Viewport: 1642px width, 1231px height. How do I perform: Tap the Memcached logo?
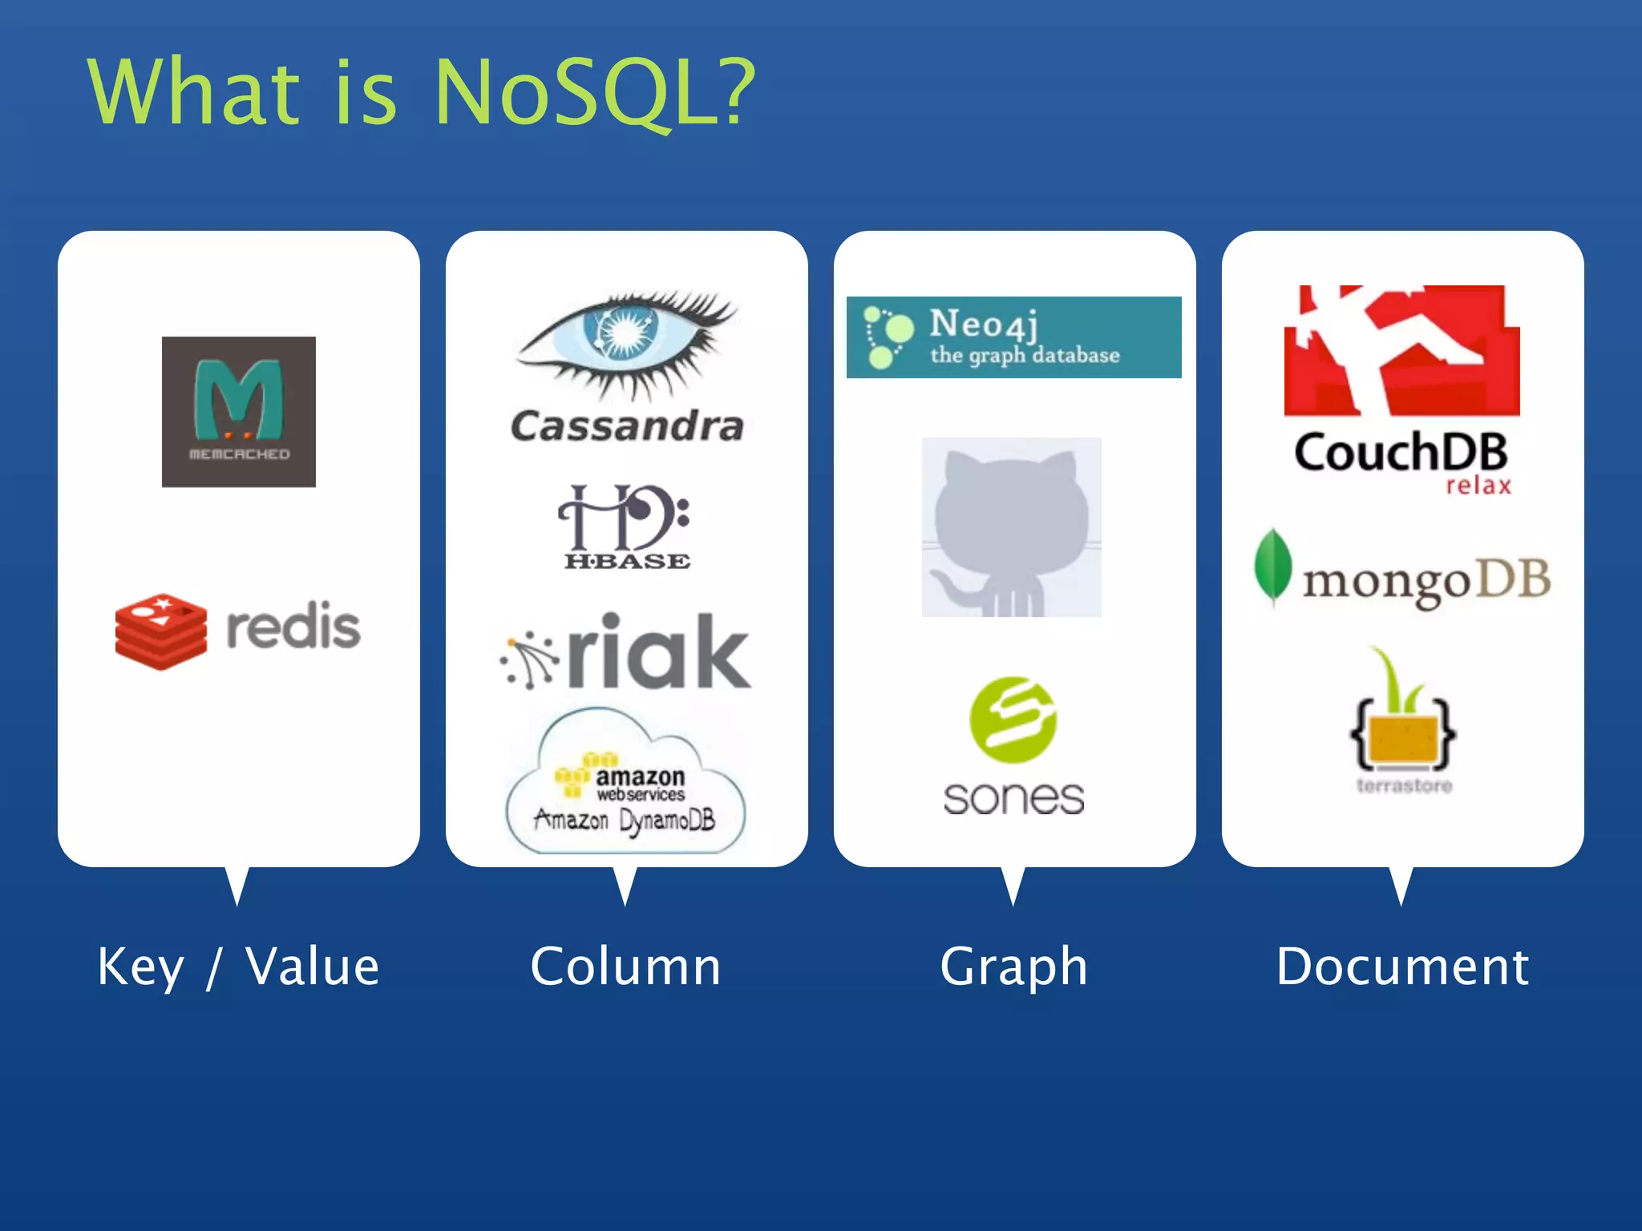pos(238,411)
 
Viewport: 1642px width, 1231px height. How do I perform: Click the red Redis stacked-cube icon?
pos(160,632)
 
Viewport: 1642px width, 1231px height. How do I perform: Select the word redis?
pos(293,627)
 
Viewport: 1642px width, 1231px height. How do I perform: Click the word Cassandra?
pos(627,426)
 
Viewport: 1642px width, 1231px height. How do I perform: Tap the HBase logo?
pos(625,527)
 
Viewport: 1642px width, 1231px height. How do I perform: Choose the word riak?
pos(659,651)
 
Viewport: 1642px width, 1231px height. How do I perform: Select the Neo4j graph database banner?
pos(1013,337)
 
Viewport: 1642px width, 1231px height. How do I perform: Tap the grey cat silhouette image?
pos(1011,527)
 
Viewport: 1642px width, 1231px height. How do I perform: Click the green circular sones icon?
pos(1013,719)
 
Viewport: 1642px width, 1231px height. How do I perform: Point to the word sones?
pos(1013,797)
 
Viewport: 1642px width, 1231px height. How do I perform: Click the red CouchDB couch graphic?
pos(1401,350)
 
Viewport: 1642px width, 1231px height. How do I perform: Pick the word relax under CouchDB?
pos(1478,486)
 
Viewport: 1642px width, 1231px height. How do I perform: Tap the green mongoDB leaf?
pos(1272,567)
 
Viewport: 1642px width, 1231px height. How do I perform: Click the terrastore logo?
pos(1403,721)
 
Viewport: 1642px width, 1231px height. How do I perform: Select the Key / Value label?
pos(238,967)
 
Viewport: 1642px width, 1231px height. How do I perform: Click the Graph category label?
pos(1013,967)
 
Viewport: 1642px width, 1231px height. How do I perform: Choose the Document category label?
pos(1402,967)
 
